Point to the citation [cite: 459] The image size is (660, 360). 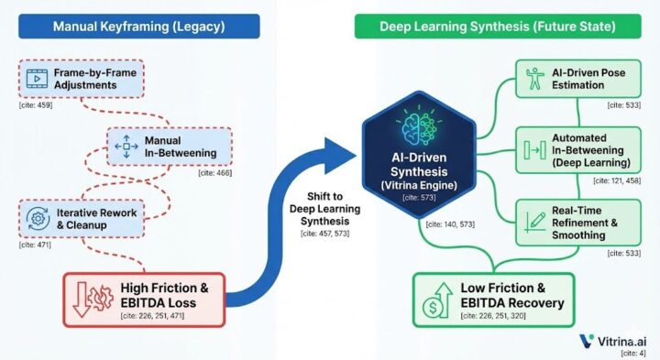[37, 107]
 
